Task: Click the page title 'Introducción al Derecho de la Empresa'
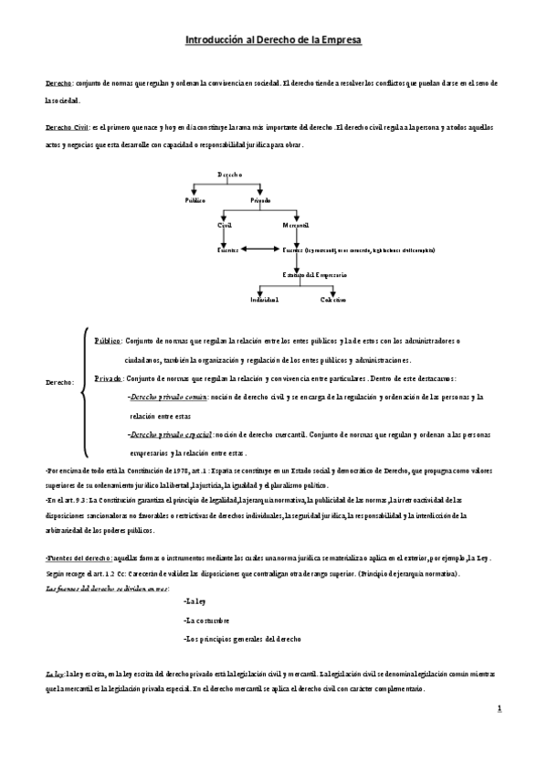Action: coord(273,41)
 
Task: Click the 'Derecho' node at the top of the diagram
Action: coord(230,174)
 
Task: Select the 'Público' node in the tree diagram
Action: coord(195,199)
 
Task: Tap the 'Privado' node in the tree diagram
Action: coord(260,199)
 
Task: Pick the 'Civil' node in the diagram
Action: coord(225,224)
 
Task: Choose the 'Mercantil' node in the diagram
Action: coord(297,224)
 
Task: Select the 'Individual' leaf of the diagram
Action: coord(265,300)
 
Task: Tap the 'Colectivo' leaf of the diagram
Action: coord(332,300)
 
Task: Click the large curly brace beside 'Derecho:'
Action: coord(84,390)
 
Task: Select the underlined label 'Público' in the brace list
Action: coord(108,340)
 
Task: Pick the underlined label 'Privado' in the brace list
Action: coord(108,377)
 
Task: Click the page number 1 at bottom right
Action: coord(500,708)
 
